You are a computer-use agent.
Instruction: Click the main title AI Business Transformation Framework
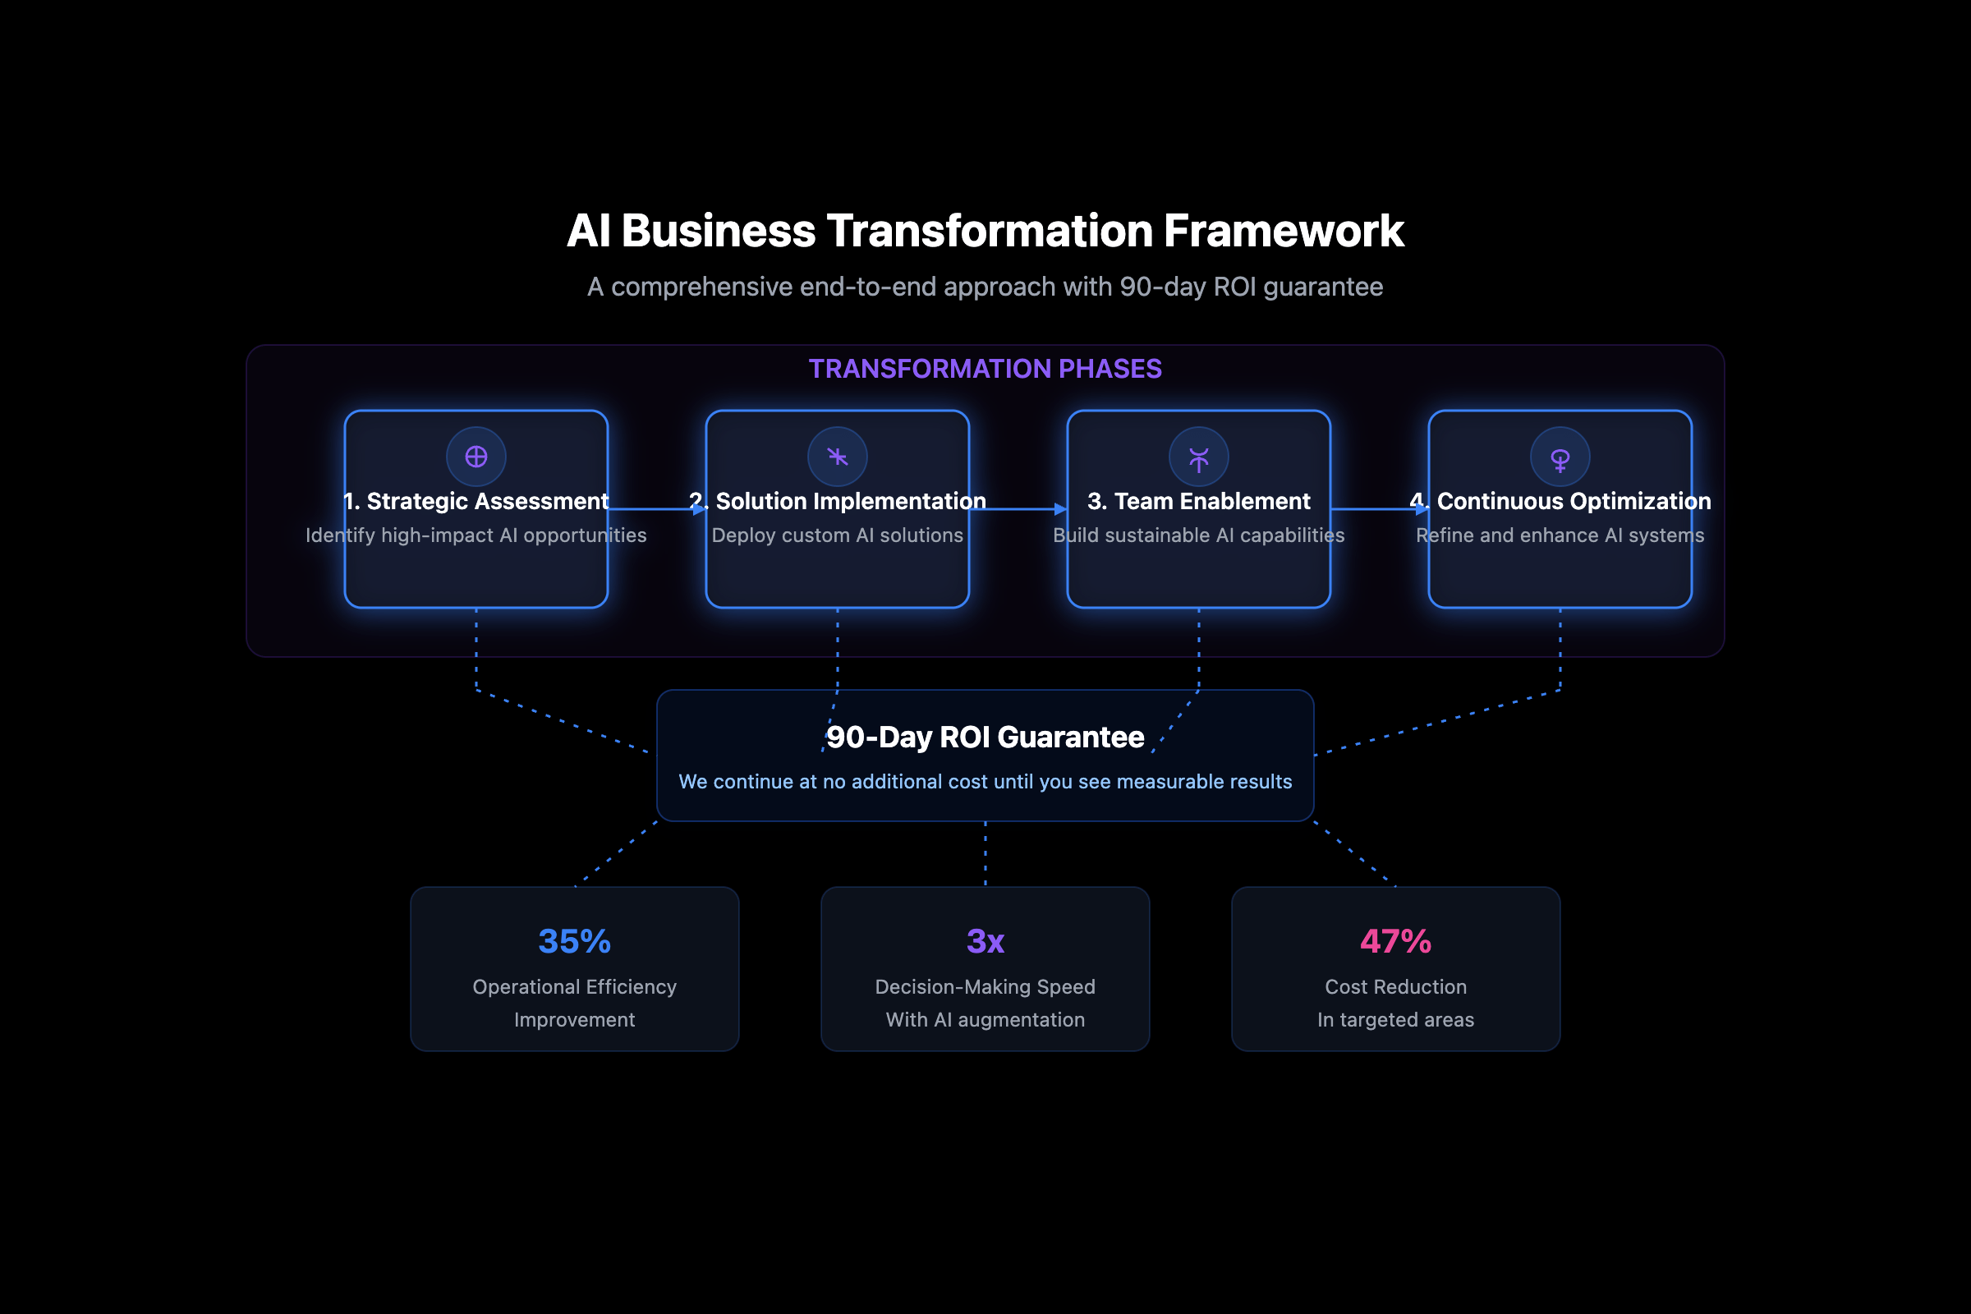[985, 231]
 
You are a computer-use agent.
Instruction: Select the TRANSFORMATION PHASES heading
[985, 369]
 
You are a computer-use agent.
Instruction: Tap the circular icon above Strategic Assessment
[476, 457]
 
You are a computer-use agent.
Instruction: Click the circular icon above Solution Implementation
[837, 457]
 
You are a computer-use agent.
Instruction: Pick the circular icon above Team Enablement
[1198, 457]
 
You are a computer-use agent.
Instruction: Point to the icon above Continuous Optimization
[1560, 457]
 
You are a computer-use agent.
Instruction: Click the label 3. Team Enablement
[1198, 501]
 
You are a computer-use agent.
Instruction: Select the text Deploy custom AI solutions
[837, 535]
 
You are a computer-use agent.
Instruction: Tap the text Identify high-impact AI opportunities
[476, 535]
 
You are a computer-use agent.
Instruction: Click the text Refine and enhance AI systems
[1560, 535]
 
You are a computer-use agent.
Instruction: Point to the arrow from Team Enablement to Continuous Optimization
[1379, 508]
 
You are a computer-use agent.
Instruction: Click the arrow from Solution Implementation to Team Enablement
[1018, 508]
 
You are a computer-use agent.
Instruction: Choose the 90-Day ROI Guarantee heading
[985, 737]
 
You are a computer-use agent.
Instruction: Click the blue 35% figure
[574, 941]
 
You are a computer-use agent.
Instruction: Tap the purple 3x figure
[985, 941]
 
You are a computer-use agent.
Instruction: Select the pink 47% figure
[1395, 941]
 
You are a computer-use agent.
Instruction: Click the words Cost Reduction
[1395, 987]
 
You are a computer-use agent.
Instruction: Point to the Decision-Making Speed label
[985, 987]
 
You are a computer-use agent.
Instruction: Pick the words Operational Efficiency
[574, 987]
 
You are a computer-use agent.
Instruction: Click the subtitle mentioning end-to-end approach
[985, 287]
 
